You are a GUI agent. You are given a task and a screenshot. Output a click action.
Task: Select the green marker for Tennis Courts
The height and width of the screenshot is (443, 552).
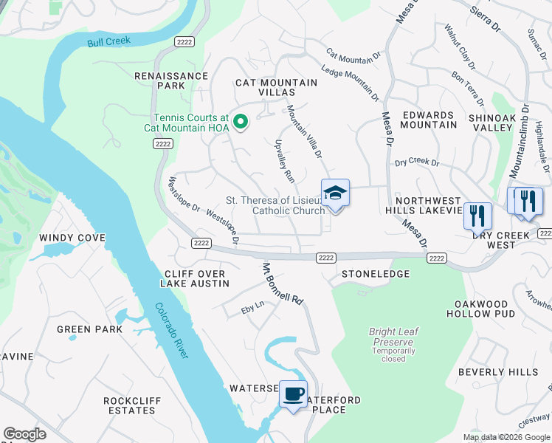pos(240,123)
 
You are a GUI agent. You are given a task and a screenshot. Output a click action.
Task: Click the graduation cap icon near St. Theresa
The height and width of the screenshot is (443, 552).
pos(335,193)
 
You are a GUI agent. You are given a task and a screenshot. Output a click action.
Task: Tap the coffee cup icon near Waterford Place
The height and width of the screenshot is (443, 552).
pos(294,394)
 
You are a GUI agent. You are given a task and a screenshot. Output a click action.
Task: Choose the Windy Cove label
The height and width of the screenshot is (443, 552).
pos(72,238)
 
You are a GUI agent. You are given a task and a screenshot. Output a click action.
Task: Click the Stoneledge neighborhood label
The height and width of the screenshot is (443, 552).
pos(375,274)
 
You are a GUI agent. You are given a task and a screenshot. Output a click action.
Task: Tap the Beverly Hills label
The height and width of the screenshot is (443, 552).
pos(498,372)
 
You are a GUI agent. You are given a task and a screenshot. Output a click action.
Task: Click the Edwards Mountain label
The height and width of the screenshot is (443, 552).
pos(428,120)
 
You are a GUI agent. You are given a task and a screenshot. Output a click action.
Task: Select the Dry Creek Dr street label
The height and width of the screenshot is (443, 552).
pos(417,162)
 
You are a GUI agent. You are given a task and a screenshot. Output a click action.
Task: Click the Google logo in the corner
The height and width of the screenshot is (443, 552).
pos(24,434)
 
